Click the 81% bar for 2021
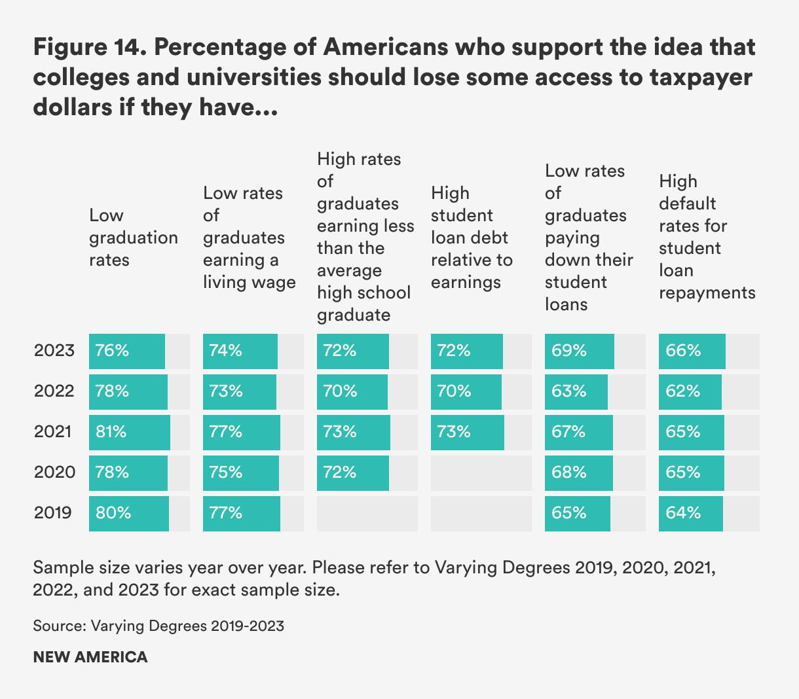pyautogui.click(x=130, y=432)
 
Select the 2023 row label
pyautogui.click(x=54, y=351)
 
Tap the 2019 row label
pyautogui.click(x=52, y=512)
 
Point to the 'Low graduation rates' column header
pyautogui.click(x=133, y=238)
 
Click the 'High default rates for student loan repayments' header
pyautogui.click(x=707, y=237)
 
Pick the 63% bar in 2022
pyautogui.click(x=576, y=391)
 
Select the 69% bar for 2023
pyautogui.click(x=580, y=351)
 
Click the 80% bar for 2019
pyautogui.click(x=129, y=513)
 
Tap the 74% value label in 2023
pyautogui.click(x=225, y=351)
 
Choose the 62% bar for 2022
pyautogui.click(x=690, y=391)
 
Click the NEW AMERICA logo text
pyautogui.click(x=90, y=657)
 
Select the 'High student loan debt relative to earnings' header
pyautogui.click(x=472, y=238)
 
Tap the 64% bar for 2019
pyautogui.click(x=691, y=513)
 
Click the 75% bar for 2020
pyautogui.click(x=241, y=473)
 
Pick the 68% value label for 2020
pyautogui.click(x=568, y=473)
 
